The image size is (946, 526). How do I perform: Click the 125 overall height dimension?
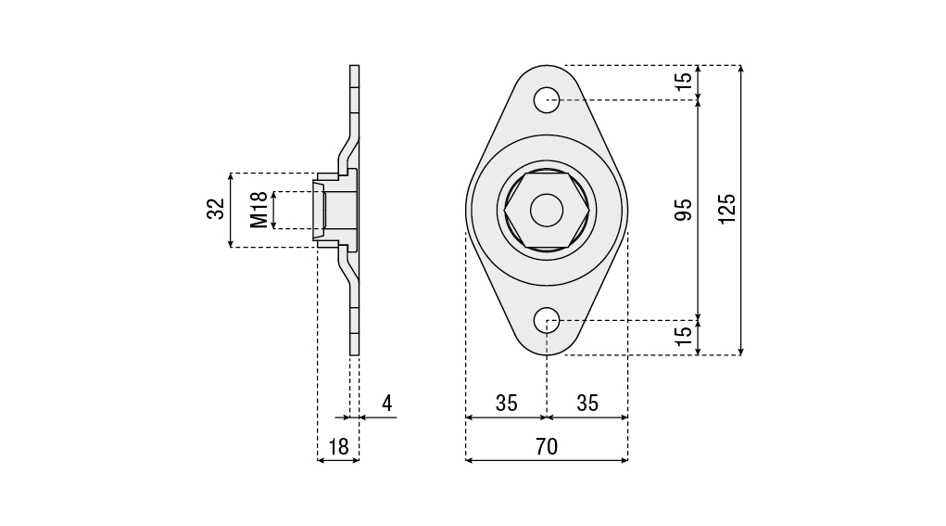[x=727, y=209]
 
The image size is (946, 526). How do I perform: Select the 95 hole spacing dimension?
[x=683, y=210]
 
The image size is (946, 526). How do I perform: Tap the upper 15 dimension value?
[x=684, y=82]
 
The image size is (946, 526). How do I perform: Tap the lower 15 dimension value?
[x=684, y=336]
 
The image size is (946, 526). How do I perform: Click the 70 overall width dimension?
[x=547, y=447]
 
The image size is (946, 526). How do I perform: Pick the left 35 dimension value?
[x=507, y=404]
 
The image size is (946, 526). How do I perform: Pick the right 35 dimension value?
[x=587, y=404]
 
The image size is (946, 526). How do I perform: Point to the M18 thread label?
[x=259, y=211]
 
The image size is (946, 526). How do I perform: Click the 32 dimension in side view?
[x=216, y=209]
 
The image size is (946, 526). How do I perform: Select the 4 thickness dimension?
[x=386, y=404]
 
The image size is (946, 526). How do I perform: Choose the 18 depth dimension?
[x=338, y=447]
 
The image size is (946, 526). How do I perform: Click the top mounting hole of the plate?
[x=547, y=99]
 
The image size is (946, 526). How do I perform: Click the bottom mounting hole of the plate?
[x=547, y=319]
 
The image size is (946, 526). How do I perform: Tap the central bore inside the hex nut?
[x=547, y=210]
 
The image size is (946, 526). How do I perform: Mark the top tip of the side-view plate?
[x=354, y=65]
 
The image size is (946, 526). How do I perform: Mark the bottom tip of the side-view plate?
[x=354, y=355]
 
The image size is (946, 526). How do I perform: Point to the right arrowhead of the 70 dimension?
[x=625, y=460]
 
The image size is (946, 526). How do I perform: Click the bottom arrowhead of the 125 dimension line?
[x=741, y=353]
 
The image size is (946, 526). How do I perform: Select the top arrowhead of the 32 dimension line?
[x=231, y=176]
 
